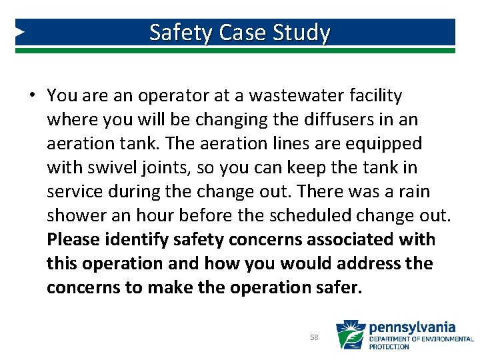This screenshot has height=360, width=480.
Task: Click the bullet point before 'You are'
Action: [31, 96]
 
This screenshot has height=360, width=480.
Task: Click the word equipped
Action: [388, 144]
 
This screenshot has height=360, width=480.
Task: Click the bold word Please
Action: [73, 240]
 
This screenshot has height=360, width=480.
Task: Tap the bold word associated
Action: [357, 240]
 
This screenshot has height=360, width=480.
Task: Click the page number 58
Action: [314, 337]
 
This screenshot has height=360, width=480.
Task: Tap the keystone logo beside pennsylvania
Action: [349, 335]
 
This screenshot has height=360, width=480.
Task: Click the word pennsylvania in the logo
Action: [412, 327]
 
